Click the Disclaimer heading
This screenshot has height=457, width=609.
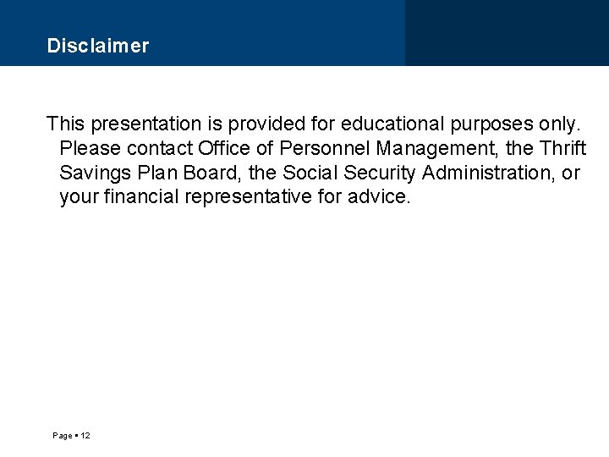[98, 46]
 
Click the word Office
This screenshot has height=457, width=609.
[224, 149]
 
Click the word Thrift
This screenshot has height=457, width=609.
[562, 149]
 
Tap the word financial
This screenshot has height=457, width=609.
[137, 198]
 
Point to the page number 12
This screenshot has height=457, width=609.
[85, 435]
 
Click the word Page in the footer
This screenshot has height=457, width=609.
[62, 435]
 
